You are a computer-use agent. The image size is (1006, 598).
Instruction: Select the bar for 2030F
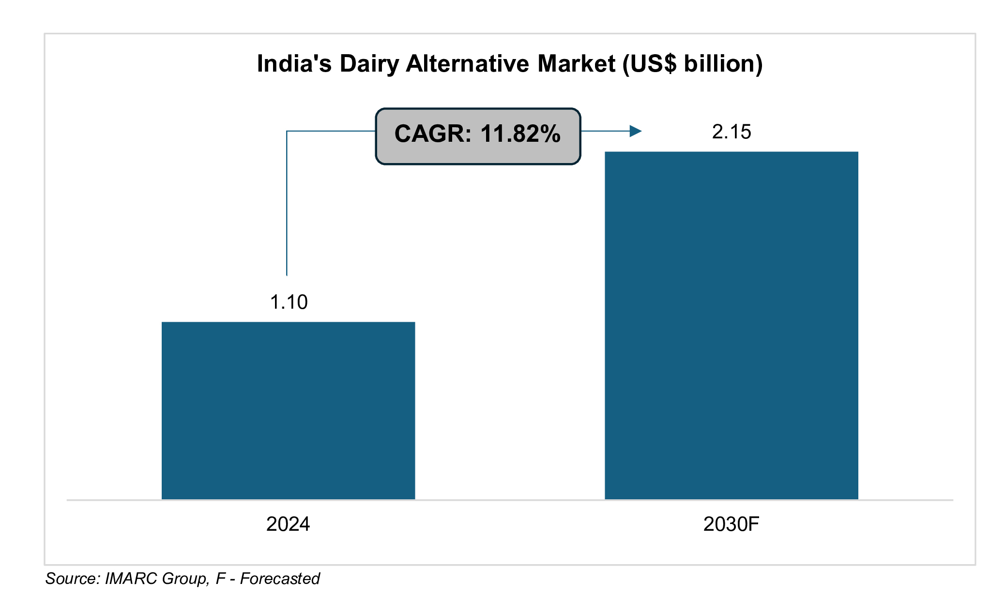tap(731, 325)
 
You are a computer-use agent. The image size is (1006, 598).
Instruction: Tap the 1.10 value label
tap(289, 302)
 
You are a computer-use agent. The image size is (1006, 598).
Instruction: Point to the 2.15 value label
tap(731, 132)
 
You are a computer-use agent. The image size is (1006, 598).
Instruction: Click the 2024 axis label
tap(288, 524)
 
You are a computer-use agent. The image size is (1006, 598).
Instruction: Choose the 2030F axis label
tap(731, 524)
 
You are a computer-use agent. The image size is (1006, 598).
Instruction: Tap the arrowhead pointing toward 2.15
tap(635, 131)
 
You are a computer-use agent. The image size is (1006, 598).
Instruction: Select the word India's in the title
tap(294, 64)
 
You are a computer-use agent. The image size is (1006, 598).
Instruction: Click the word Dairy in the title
tap(369, 64)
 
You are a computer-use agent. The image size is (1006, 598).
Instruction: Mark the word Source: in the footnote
tap(73, 579)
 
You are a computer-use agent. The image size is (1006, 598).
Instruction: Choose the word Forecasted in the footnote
tap(280, 579)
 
